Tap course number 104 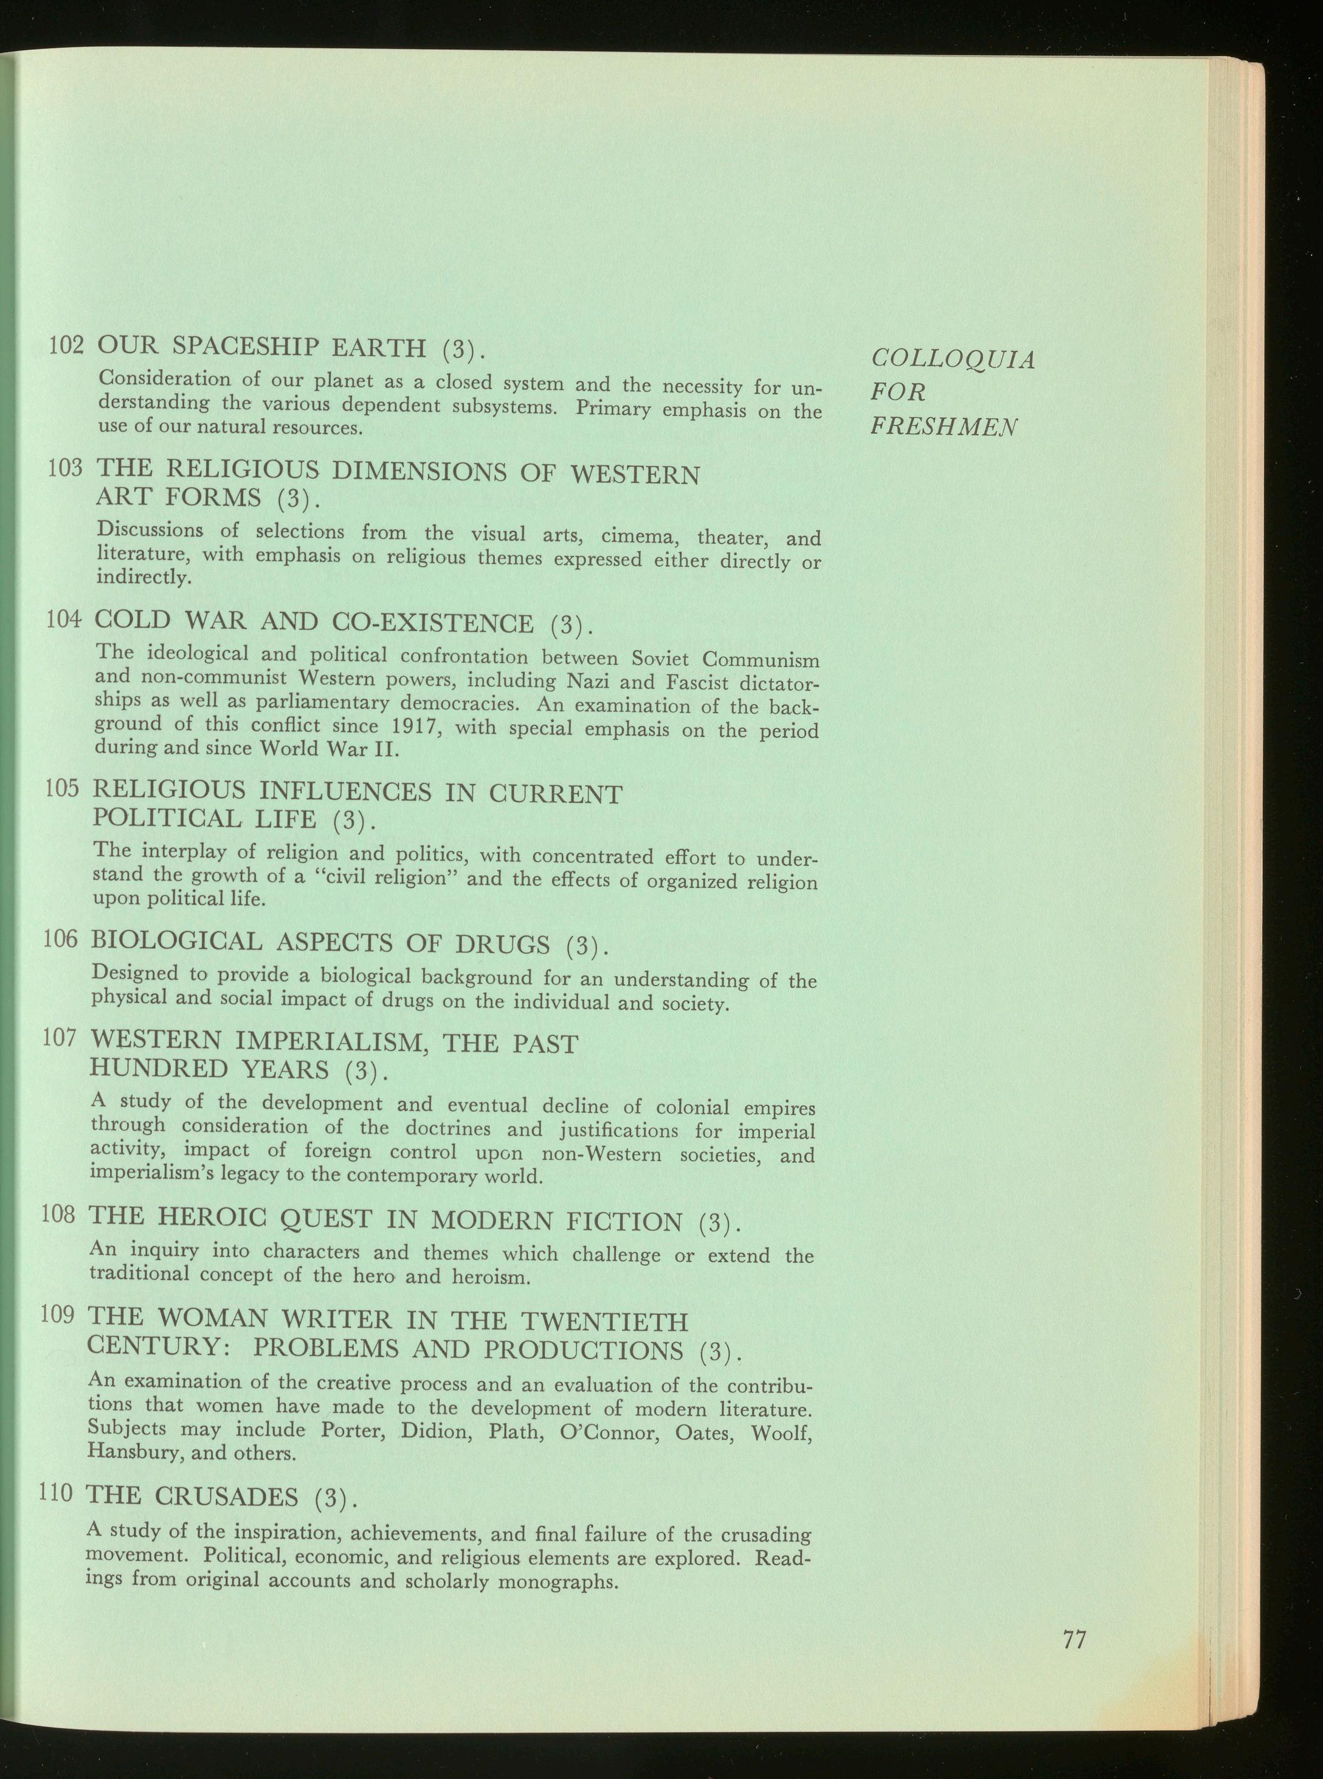tap(65, 619)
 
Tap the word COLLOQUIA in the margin tap(953, 359)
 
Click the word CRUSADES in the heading tap(227, 1494)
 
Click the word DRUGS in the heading tap(502, 945)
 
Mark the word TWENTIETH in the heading tap(604, 1322)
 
